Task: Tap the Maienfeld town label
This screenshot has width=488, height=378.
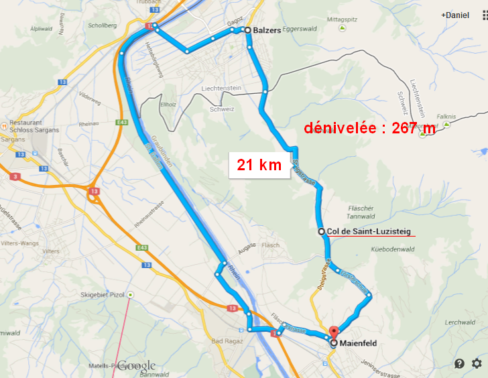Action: pos(359,343)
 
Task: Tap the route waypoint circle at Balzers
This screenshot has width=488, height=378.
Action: pos(247,30)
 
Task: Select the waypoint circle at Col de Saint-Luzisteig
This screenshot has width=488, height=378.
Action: pos(322,231)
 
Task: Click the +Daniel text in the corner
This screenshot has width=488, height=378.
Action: pos(455,14)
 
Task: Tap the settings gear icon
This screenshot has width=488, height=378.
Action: pos(477,363)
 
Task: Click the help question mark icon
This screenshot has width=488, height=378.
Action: pos(459,363)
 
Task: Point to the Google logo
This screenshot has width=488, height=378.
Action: pos(137,366)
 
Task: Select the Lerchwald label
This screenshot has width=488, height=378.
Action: pos(459,322)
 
